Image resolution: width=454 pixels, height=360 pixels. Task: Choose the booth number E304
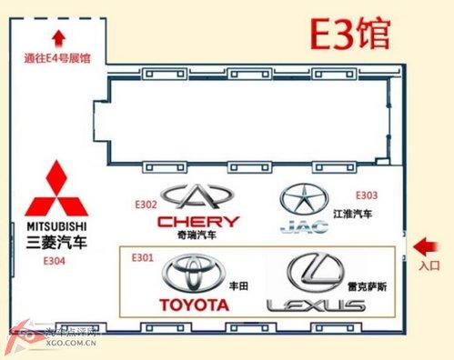(55, 259)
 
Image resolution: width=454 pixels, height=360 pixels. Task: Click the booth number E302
(146, 205)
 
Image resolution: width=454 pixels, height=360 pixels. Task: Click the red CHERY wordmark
(198, 221)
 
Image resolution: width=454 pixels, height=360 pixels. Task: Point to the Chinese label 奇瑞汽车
(197, 235)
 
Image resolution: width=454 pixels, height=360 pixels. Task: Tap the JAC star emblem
(301, 198)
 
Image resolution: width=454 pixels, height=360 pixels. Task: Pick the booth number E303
(366, 195)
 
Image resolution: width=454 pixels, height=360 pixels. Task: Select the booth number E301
(143, 257)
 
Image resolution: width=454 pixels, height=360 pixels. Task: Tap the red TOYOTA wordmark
(194, 305)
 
